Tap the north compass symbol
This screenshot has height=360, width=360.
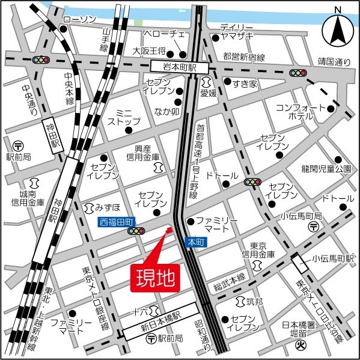click(x=338, y=29)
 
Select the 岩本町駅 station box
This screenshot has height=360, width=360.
click(x=179, y=67)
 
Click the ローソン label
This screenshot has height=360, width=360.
click(x=79, y=20)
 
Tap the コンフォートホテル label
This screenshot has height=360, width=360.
click(x=313, y=112)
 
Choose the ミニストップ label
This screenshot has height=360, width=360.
click(x=123, y=117)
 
